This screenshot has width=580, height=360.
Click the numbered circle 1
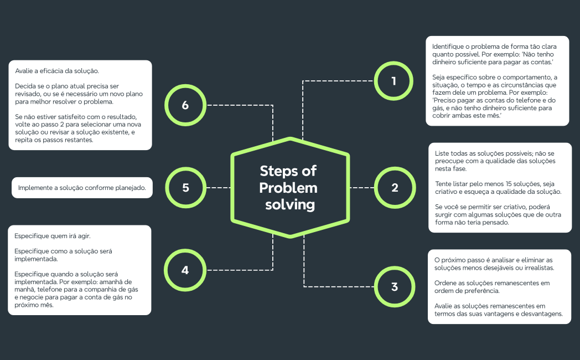pos(393,81)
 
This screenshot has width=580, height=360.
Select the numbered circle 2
pos(394,187)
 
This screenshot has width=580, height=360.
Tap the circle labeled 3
pos(394,287)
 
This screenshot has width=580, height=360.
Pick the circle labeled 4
pos(185,270)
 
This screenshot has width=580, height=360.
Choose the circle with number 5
pos(185,187)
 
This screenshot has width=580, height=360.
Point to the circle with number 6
pos(185,105)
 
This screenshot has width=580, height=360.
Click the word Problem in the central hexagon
pos(288,188)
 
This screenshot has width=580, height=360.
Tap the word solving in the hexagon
pos(289,205)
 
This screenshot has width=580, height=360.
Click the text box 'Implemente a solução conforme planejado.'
pos(82,188)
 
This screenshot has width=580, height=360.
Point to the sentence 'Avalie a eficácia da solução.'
pos(57,71)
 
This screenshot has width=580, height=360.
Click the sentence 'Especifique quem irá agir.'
pos(52,235)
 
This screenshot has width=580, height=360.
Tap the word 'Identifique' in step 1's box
pos(449,46)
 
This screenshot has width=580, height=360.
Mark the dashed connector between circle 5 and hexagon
pos(219,188)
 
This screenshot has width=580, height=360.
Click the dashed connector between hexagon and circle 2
pos(362,188)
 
